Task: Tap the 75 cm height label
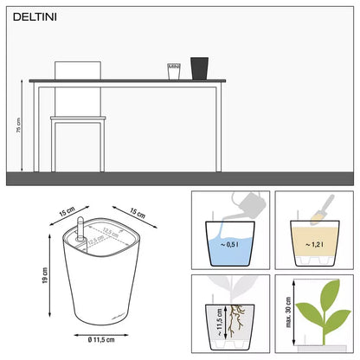(19, 125)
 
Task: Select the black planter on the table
(200, 67)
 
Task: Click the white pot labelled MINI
(174, 70)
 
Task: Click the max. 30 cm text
(286, 317)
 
